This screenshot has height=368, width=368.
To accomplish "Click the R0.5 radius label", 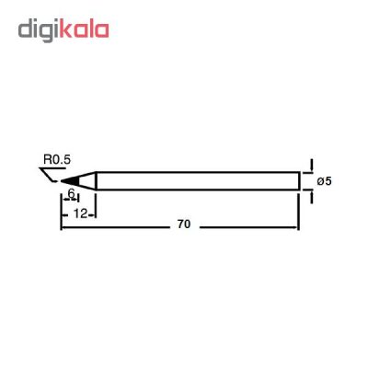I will point(55,159).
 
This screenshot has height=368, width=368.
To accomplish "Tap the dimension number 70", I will point(184,224).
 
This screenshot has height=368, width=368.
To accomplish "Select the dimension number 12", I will point(80,213).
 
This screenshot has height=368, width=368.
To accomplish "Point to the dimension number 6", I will point(72,195).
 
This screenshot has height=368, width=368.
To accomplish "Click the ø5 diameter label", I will point(323,181).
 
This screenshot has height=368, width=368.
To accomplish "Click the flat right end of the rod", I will point(299,180).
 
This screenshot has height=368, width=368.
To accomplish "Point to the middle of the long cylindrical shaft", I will point(197,180).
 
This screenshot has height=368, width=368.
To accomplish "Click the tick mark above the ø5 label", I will point(310,163).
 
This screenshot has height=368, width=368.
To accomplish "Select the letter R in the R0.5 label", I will point(45,159).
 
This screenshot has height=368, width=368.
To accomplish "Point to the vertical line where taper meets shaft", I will point(96,180).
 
